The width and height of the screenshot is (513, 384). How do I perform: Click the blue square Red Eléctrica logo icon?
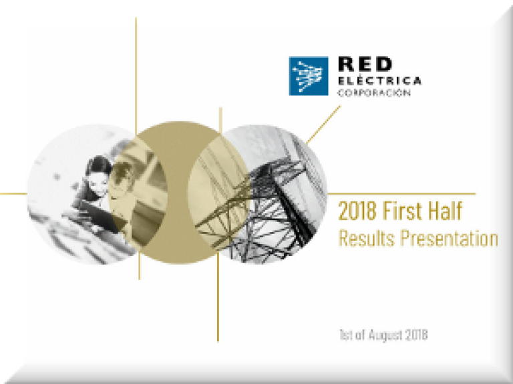point(309,76)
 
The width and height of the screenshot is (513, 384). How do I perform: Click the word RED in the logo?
point(365,64)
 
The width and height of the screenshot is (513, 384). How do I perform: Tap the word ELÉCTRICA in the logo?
point(379,80)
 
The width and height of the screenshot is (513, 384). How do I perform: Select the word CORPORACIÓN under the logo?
point(374,93)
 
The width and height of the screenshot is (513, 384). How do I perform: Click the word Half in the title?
point(446,211)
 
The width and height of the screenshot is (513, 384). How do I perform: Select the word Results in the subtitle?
point(367,238)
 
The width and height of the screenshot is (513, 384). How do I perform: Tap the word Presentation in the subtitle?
point(449,238)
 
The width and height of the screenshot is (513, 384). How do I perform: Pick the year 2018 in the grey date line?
point(416,335)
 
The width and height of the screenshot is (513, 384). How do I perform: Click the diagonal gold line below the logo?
point(323,125)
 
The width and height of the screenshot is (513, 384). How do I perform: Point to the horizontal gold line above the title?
point(401,193)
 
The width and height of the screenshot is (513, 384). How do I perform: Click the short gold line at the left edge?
point(13,193)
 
